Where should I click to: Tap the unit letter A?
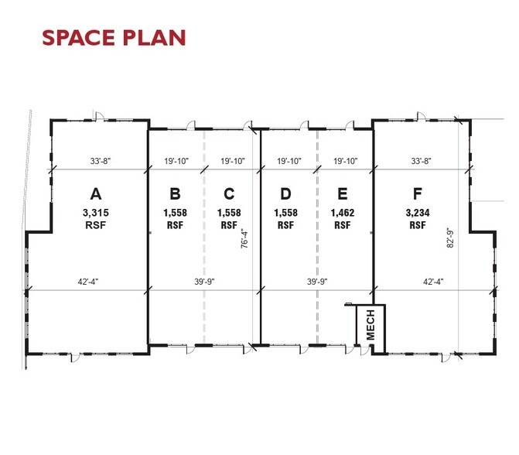point(96,193)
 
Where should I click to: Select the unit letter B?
point(176,193)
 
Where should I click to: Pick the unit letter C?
point(229,193)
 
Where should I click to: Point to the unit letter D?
point(285,193)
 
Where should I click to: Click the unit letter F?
point(418,193)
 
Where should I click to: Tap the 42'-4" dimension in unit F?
point(432,282)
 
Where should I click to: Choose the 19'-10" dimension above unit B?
point(177,161)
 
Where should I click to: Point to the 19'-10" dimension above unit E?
point(345,161)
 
